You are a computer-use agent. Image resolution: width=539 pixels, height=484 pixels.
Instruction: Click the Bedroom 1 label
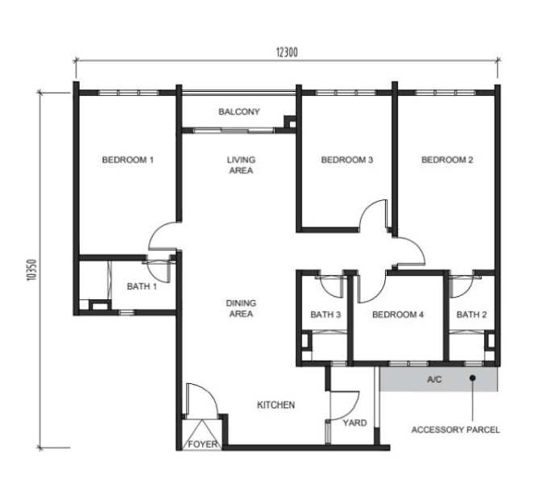click(127, 160)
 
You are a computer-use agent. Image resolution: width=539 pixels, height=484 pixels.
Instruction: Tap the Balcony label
click(239, 111)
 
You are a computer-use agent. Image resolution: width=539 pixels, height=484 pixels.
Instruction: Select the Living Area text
click(241, 165)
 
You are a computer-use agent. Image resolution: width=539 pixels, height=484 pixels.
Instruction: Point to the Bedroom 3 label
click(346, 160)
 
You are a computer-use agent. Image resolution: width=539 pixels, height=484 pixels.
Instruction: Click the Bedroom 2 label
click(447, 160)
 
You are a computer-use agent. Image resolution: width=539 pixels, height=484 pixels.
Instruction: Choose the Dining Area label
click(241, 308)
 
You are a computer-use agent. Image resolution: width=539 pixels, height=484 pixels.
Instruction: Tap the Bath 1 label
click(142, 286)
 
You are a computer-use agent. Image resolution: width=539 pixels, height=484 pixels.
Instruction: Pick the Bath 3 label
click(325, 315)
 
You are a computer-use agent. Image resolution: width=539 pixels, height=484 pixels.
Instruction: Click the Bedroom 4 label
click(398, 315)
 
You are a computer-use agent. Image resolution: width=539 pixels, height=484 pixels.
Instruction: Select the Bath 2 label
click(471, 315)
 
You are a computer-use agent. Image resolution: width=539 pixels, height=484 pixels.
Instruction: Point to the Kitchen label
click(276, 405)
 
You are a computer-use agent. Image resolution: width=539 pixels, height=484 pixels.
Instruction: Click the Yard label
click(354, 423)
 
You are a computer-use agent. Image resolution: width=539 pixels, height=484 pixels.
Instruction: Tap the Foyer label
click(203, 444)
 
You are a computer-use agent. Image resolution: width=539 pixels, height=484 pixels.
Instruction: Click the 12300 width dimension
click(287, 52)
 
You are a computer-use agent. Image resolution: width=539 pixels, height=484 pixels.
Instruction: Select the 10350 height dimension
click(31, 270)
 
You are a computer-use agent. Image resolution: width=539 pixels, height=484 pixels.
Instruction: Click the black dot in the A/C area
click(473, 378)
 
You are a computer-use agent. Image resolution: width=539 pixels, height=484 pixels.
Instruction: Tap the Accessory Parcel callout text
click(455, 430)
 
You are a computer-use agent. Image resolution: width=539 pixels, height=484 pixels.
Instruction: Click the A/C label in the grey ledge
click(434, 380)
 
